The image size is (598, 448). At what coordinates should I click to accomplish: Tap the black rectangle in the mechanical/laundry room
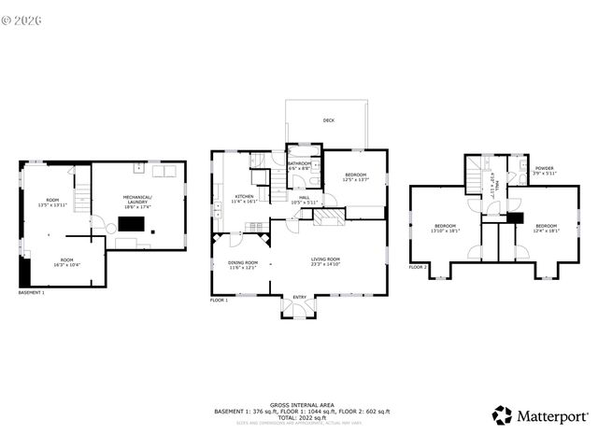click(x=130, y=225)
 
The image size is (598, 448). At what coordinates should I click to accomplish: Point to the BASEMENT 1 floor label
click(x=32, y=293)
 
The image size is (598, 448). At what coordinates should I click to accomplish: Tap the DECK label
click(x=329, y=120)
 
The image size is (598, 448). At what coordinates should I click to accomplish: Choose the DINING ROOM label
click(x=243, y=262)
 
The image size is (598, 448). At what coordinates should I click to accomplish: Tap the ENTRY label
click(x=299, y=297)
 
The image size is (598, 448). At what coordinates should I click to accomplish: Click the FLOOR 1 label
click(x=220, y=301)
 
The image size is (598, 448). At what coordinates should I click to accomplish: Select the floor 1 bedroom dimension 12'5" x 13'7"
click(x=356, y=180)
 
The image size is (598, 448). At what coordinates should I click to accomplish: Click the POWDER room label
click(x=544, y=169)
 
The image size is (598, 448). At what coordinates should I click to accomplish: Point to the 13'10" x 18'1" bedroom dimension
click(x=445, y=231)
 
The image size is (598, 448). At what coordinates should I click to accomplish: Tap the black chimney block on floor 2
click(x=513, y=217)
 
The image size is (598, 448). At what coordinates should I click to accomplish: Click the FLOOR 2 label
click(x=418, y=267)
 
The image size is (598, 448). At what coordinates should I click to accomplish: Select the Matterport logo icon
click(x=503, y=415)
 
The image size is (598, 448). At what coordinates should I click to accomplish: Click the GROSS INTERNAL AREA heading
click(x=299, y=403)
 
